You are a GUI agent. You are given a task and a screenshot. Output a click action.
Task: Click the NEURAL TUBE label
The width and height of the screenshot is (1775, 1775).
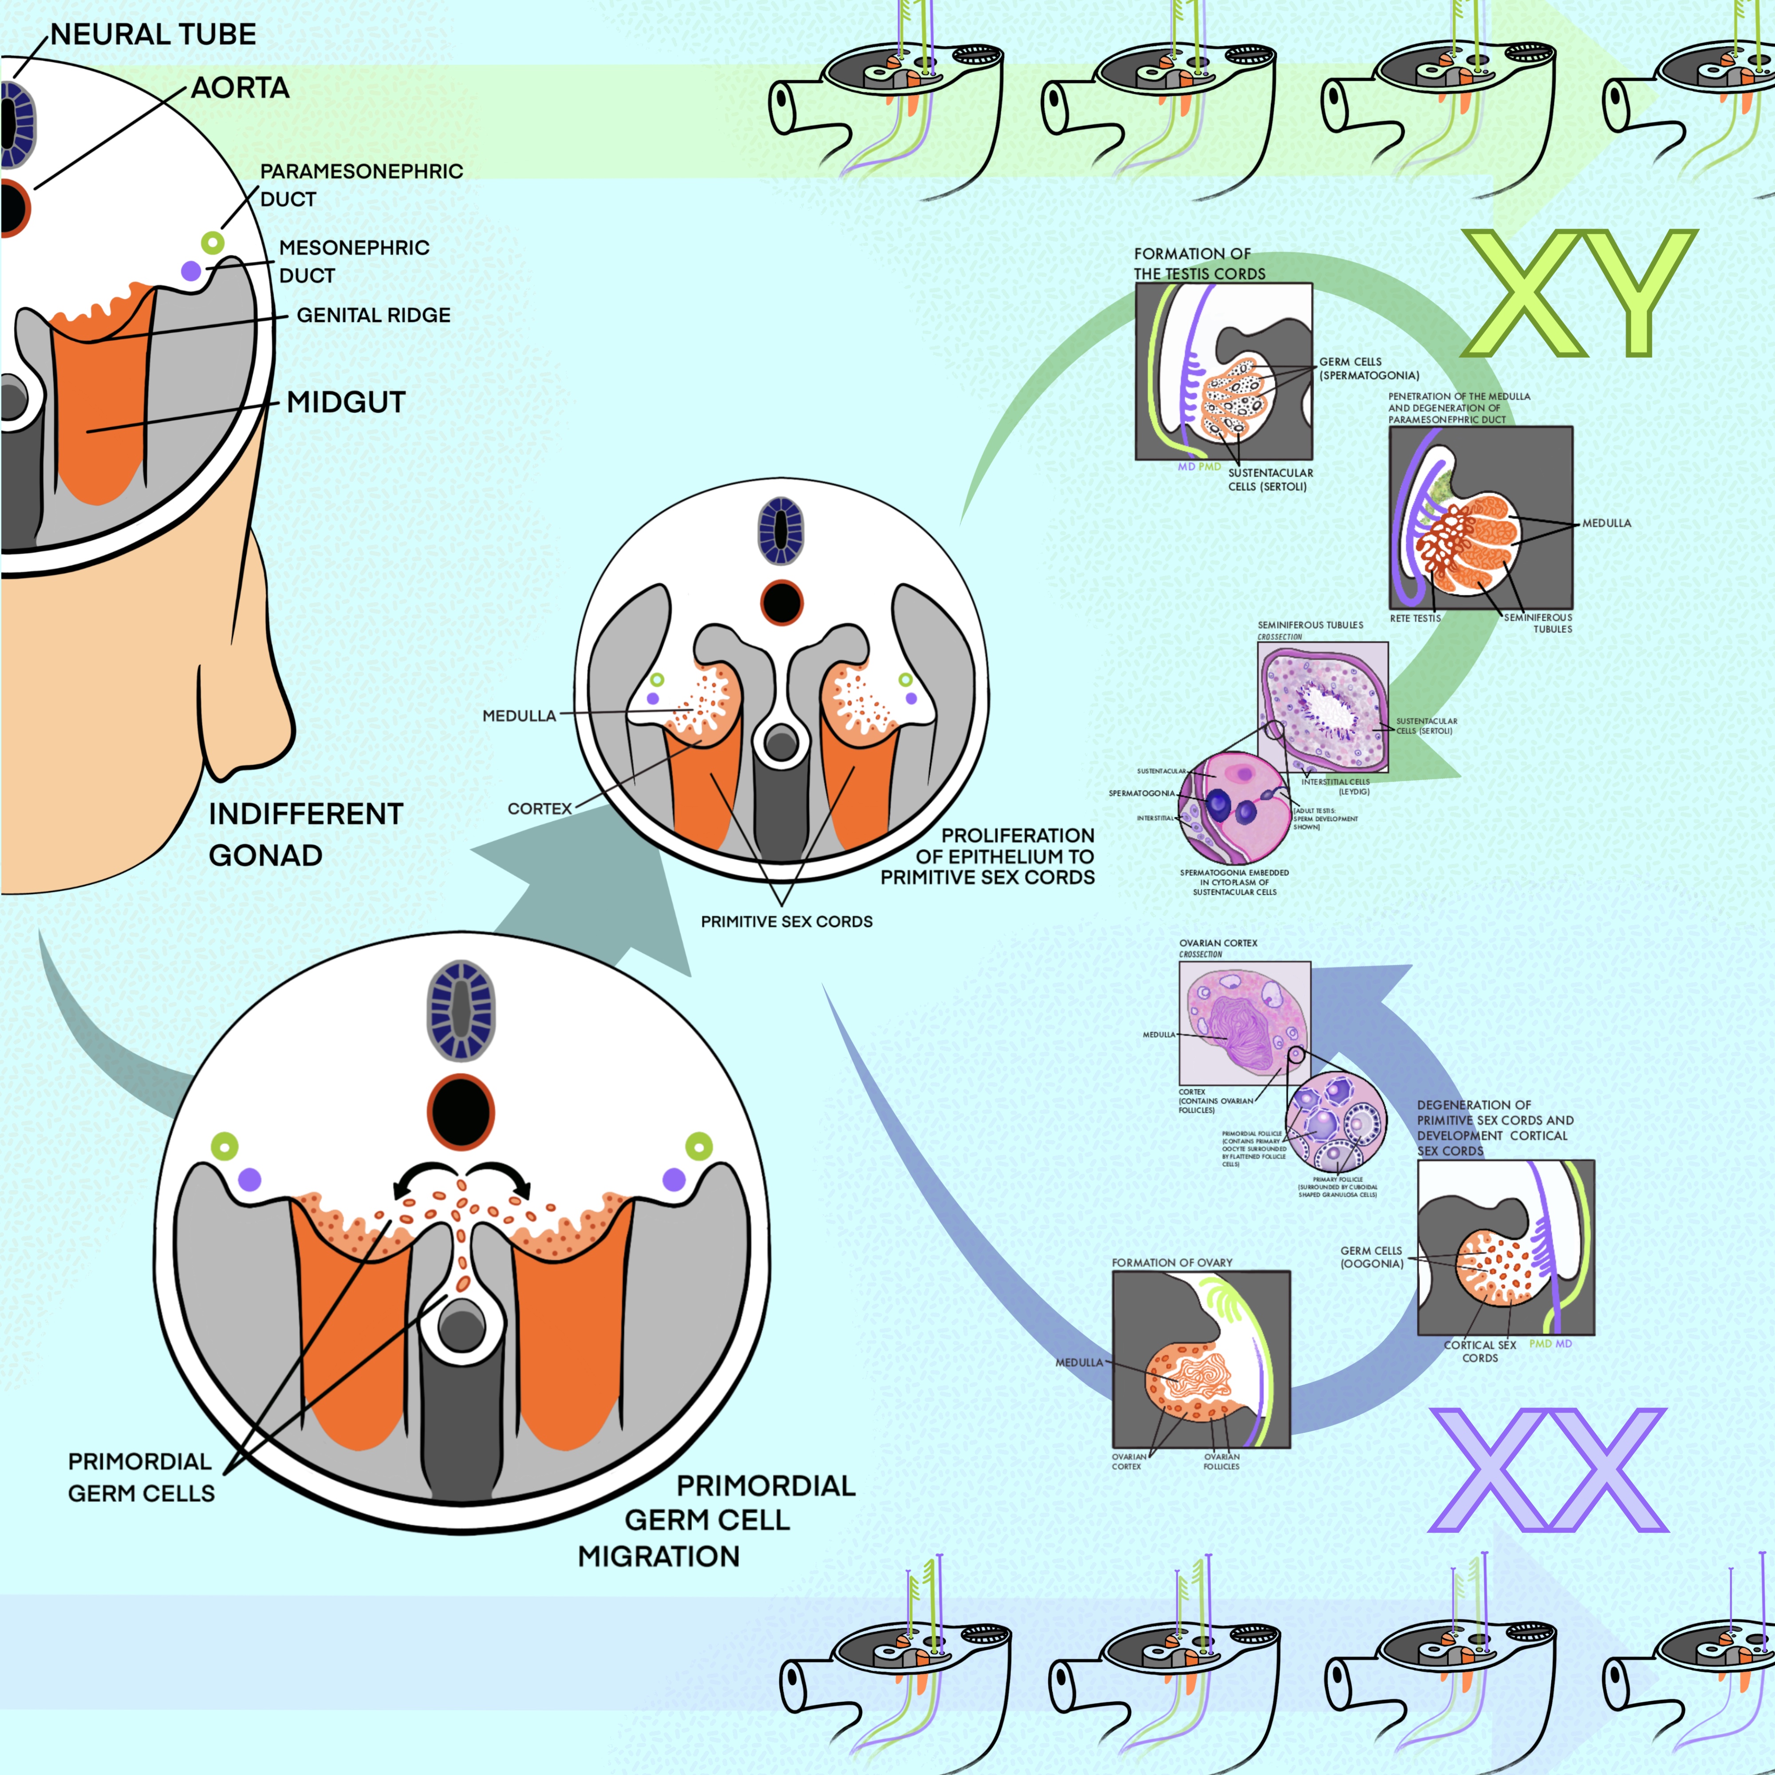(x=153, y=35)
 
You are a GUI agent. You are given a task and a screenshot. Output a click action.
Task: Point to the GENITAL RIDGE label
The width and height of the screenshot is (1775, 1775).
(x=373, y=315)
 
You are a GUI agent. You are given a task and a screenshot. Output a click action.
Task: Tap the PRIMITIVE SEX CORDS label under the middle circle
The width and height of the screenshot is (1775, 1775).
(x=786, y=922)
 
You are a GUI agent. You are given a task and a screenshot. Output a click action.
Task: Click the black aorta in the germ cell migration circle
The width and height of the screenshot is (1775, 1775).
(x=461, y=1112)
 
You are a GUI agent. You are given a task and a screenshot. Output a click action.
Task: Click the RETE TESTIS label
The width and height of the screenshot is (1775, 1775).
(x=1415, y=618)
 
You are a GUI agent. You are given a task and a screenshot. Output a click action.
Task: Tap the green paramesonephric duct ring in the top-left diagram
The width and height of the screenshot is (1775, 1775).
(x=212, y=244)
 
